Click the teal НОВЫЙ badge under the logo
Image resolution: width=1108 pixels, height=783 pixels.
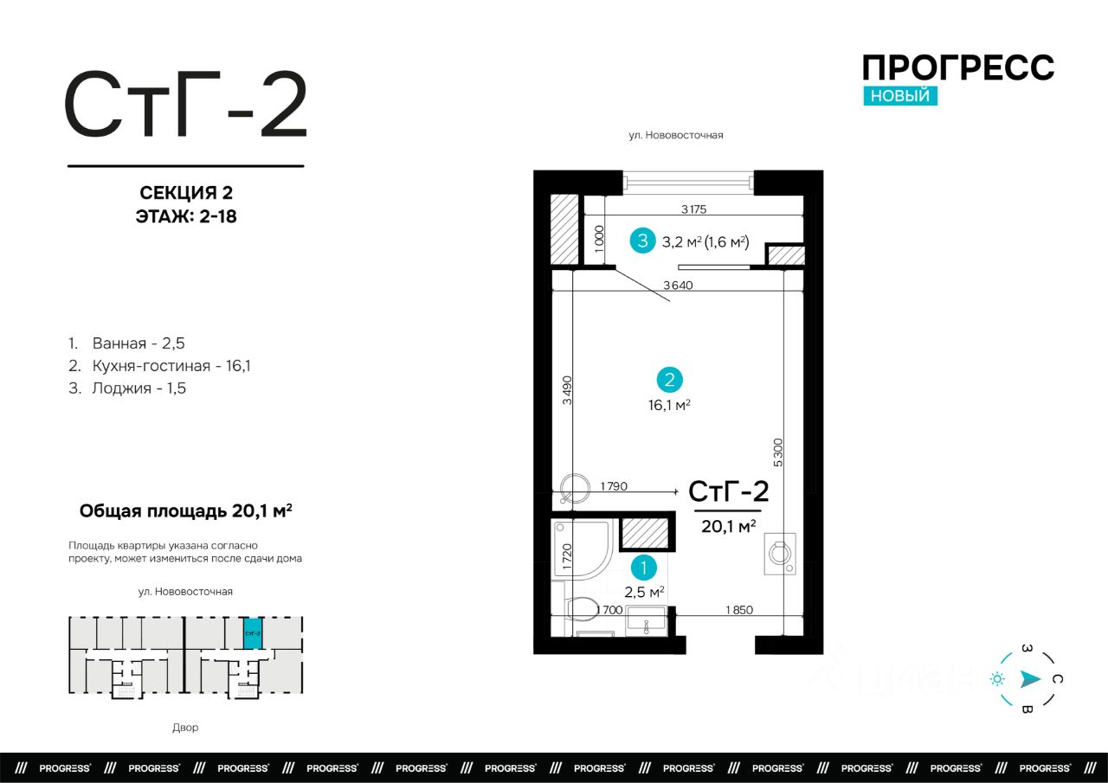[900, 95]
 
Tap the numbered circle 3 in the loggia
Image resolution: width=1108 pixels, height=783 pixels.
[642, 241]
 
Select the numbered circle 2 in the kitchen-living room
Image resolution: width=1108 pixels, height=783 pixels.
[670, 380]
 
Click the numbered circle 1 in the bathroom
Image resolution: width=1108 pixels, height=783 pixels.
[643, 568]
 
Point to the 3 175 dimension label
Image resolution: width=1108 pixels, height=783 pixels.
[693, 209]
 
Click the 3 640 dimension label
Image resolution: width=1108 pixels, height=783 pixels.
[678, 286]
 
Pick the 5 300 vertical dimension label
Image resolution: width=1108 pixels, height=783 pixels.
[778, 452]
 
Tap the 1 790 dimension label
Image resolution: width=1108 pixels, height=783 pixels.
[614, 486]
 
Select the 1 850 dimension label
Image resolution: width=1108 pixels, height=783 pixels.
[739, 610]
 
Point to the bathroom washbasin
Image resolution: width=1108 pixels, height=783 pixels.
[646, 621]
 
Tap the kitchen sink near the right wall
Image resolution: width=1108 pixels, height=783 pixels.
[780, 554]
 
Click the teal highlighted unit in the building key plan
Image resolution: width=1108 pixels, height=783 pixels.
[252, 633]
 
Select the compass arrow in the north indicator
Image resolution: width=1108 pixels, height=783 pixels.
[1030, 679]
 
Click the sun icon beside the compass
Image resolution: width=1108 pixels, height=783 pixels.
[997, 679]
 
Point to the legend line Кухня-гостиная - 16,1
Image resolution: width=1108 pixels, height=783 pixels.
[159, 366]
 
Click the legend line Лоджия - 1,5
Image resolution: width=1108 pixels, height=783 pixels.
[127, 388]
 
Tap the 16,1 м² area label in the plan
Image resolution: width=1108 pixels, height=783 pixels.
[669, 405]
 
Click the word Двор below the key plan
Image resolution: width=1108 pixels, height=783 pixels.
[185, 727]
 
